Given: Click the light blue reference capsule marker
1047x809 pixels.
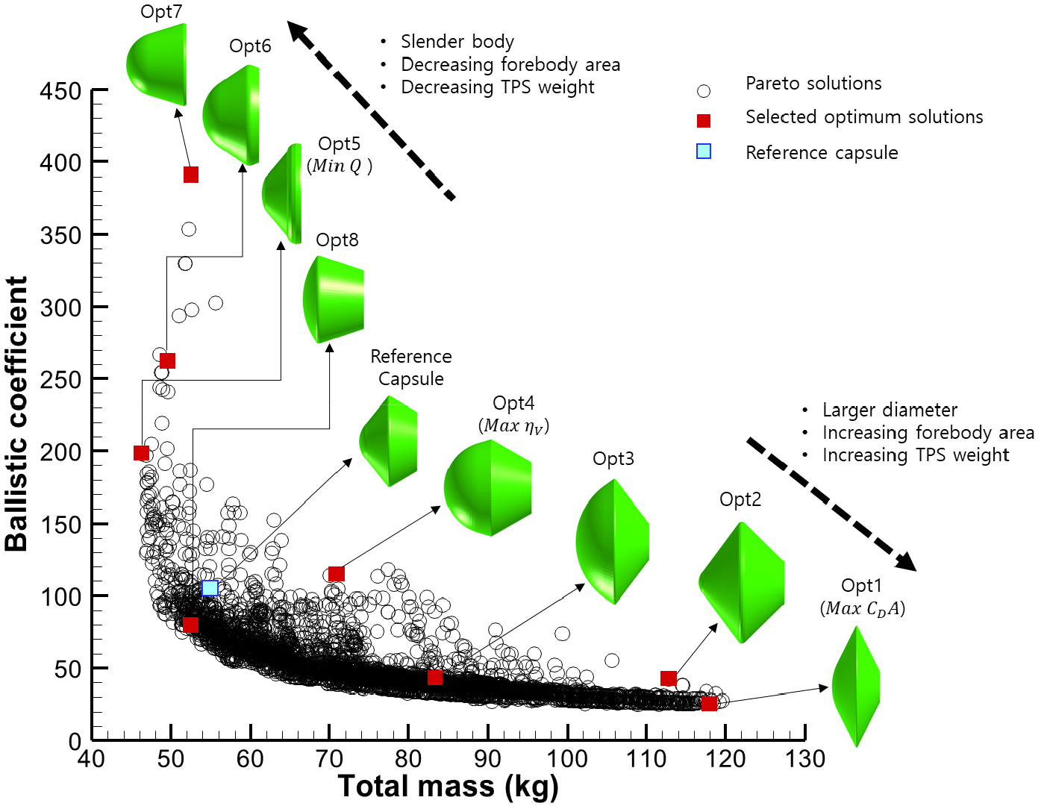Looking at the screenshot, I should pos(210,588).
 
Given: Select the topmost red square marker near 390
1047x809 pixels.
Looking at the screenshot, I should pos(191,175).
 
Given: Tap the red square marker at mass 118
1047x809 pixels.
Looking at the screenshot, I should pos(709,703).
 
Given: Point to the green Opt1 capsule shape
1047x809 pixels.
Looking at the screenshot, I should pos(857,687).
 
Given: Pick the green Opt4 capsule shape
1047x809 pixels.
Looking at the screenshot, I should pos(487,488).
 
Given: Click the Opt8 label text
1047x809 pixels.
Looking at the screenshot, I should pos(337,240).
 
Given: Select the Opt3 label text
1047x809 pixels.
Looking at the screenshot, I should pos(613,459).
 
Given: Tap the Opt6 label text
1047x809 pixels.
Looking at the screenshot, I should pos(250,46).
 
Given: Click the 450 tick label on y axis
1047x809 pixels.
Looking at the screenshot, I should pos(60,92).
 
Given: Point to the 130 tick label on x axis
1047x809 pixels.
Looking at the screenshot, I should pos(805,760).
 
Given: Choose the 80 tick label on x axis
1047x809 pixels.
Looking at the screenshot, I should pos(408,760).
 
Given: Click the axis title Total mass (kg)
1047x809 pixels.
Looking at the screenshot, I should pos(448,787).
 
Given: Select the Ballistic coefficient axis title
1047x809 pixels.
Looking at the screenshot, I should pos(16,414).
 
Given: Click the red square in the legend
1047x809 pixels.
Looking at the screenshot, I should pos(704,120).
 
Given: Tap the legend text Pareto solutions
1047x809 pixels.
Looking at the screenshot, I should pos(813,84).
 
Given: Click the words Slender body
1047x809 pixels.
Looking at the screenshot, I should pos(457,42).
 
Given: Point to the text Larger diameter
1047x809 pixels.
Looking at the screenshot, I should pos(890,410).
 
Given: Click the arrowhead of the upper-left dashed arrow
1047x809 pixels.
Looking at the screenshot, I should pos(299,32).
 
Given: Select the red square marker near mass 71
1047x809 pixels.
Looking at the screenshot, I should pos(337,574).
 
